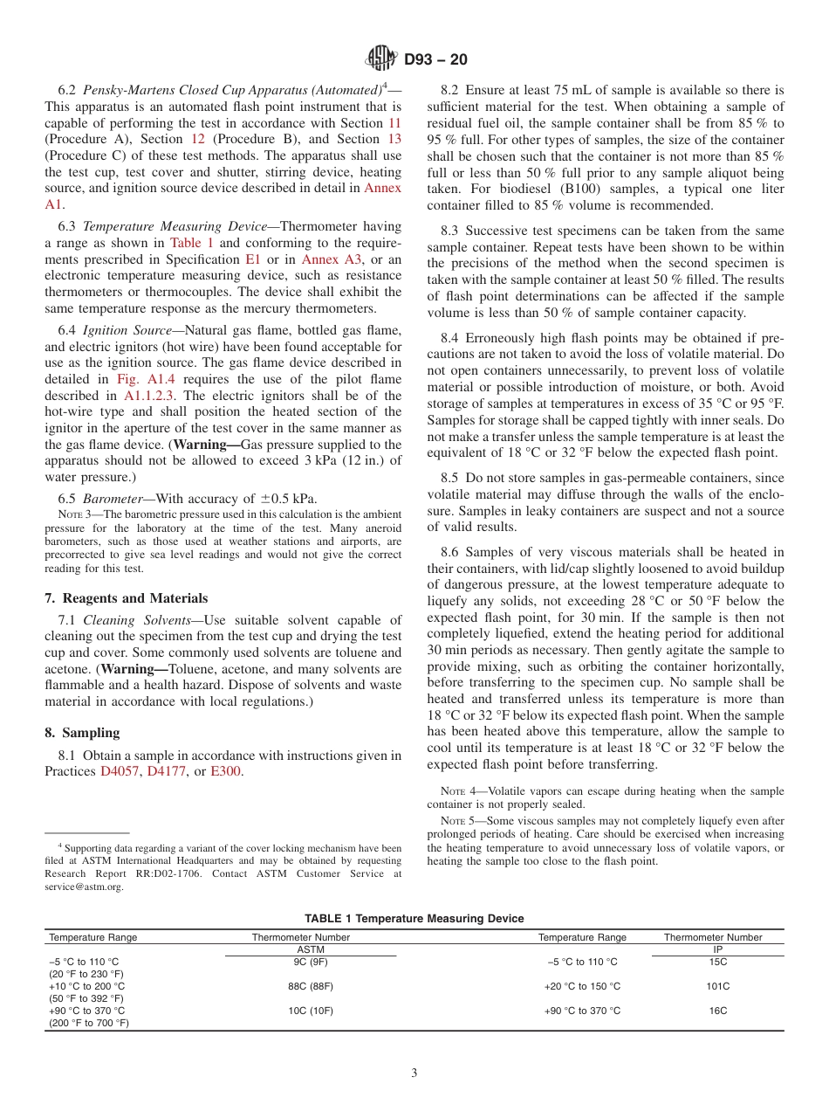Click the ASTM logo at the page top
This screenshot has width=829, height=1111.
point(381,59)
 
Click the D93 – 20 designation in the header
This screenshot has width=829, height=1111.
point(435,60)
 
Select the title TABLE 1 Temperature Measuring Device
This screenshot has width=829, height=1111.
point(414,918)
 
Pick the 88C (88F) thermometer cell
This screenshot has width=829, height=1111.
point(311,986)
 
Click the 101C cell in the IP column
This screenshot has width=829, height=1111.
point(718,986)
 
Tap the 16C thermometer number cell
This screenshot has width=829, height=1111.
point(718,1011)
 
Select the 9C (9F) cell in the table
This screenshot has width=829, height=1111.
point(311,962)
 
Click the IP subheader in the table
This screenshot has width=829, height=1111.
point(718,949)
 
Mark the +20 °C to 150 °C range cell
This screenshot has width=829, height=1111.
point(582,986)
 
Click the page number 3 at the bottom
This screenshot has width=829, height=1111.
point(414,1073)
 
